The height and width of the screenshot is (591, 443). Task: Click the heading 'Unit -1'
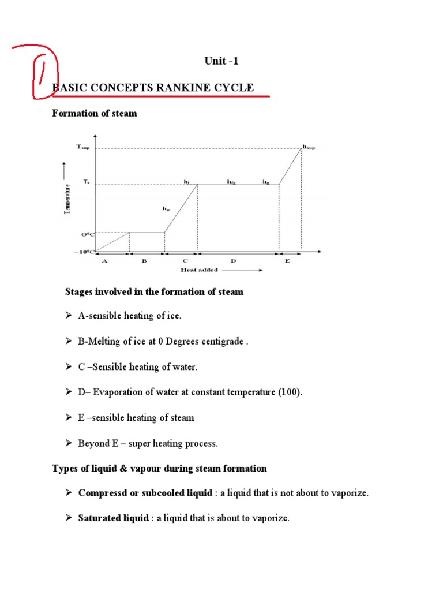click(221, 62)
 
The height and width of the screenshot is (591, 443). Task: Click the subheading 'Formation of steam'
click(95, 113)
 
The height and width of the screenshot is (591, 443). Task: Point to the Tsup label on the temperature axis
click(83, 147)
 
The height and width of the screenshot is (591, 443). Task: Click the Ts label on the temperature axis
click(86, 181)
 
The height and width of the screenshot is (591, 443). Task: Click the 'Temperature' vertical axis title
click(67, 199)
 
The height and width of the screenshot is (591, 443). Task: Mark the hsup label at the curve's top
click(309, 147)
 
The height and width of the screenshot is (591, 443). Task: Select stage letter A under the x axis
click(104, 261)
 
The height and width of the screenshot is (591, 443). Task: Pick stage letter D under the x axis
click(234, 261)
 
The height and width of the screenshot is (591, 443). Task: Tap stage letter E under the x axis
click(288, 261)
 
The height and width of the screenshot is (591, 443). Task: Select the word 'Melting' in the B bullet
click(103, 341)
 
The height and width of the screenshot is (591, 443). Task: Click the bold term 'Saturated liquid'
click(113, 518)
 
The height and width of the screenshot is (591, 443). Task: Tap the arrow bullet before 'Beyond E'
click(68, 443)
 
